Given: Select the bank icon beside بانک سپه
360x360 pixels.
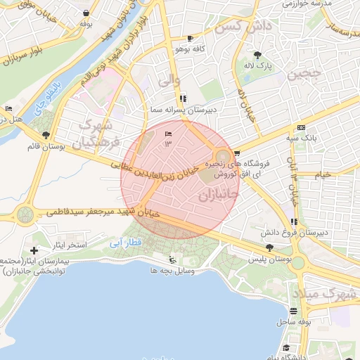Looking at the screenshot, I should (x=301, y=127).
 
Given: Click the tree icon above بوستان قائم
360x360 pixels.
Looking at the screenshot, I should (x=46, y=135).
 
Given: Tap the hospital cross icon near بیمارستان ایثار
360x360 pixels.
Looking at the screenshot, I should (x=34, y=250).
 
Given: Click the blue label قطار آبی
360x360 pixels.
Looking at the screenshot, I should (x=127, y=243).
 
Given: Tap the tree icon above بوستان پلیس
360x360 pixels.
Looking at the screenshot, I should (x=270, y=247).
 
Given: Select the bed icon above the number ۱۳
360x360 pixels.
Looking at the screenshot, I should (x=167, y=134).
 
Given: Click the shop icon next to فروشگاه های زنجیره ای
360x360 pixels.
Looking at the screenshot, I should (x=238, y=152).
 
